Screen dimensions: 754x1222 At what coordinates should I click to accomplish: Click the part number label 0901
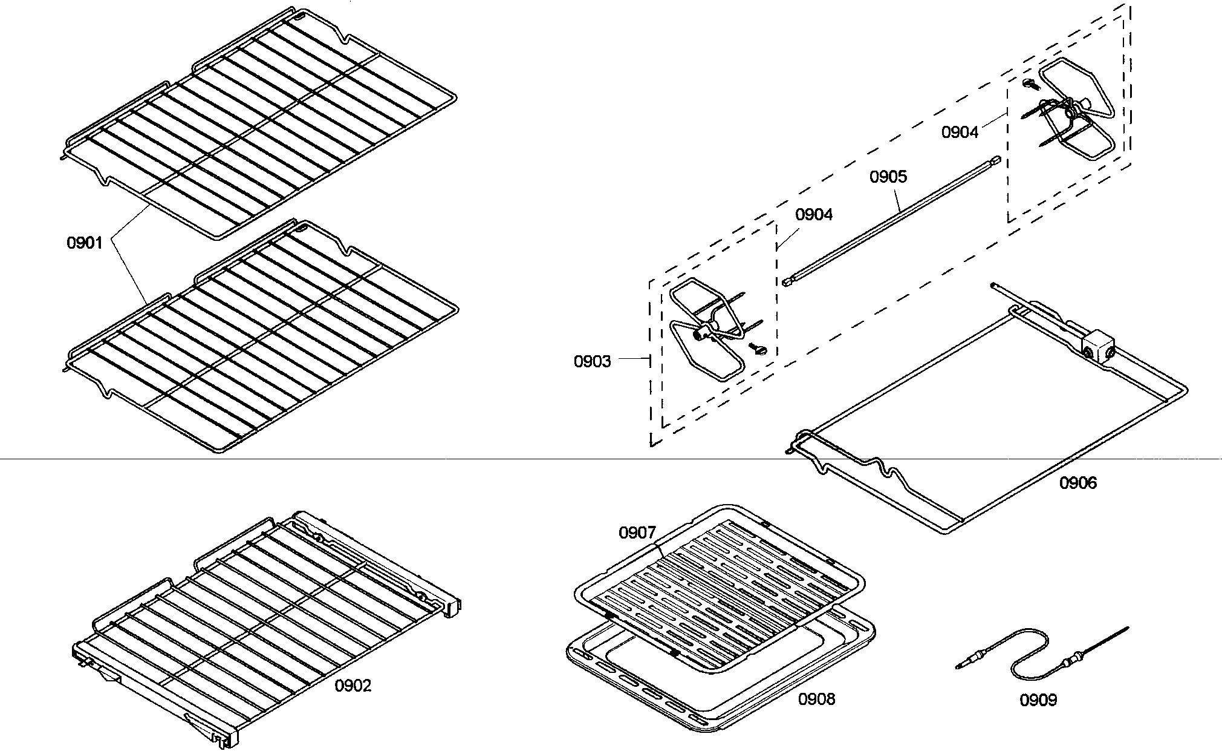84,243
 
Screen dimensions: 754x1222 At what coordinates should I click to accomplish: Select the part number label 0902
353,686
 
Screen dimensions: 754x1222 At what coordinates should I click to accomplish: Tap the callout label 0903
592,361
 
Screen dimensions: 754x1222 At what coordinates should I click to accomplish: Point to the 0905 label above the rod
888,177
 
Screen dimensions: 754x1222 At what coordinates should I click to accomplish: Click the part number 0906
1077,482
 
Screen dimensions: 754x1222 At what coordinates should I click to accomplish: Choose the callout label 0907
637,533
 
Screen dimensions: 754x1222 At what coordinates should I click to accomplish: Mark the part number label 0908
816,699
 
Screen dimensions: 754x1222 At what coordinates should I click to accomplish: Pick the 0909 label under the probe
1038,700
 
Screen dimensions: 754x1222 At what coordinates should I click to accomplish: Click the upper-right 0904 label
960,132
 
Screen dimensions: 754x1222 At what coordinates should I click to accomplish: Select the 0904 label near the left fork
813,214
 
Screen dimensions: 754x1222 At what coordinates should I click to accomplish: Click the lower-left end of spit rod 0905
787,281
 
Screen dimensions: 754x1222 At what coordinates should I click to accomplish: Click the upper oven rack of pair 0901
260,127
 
